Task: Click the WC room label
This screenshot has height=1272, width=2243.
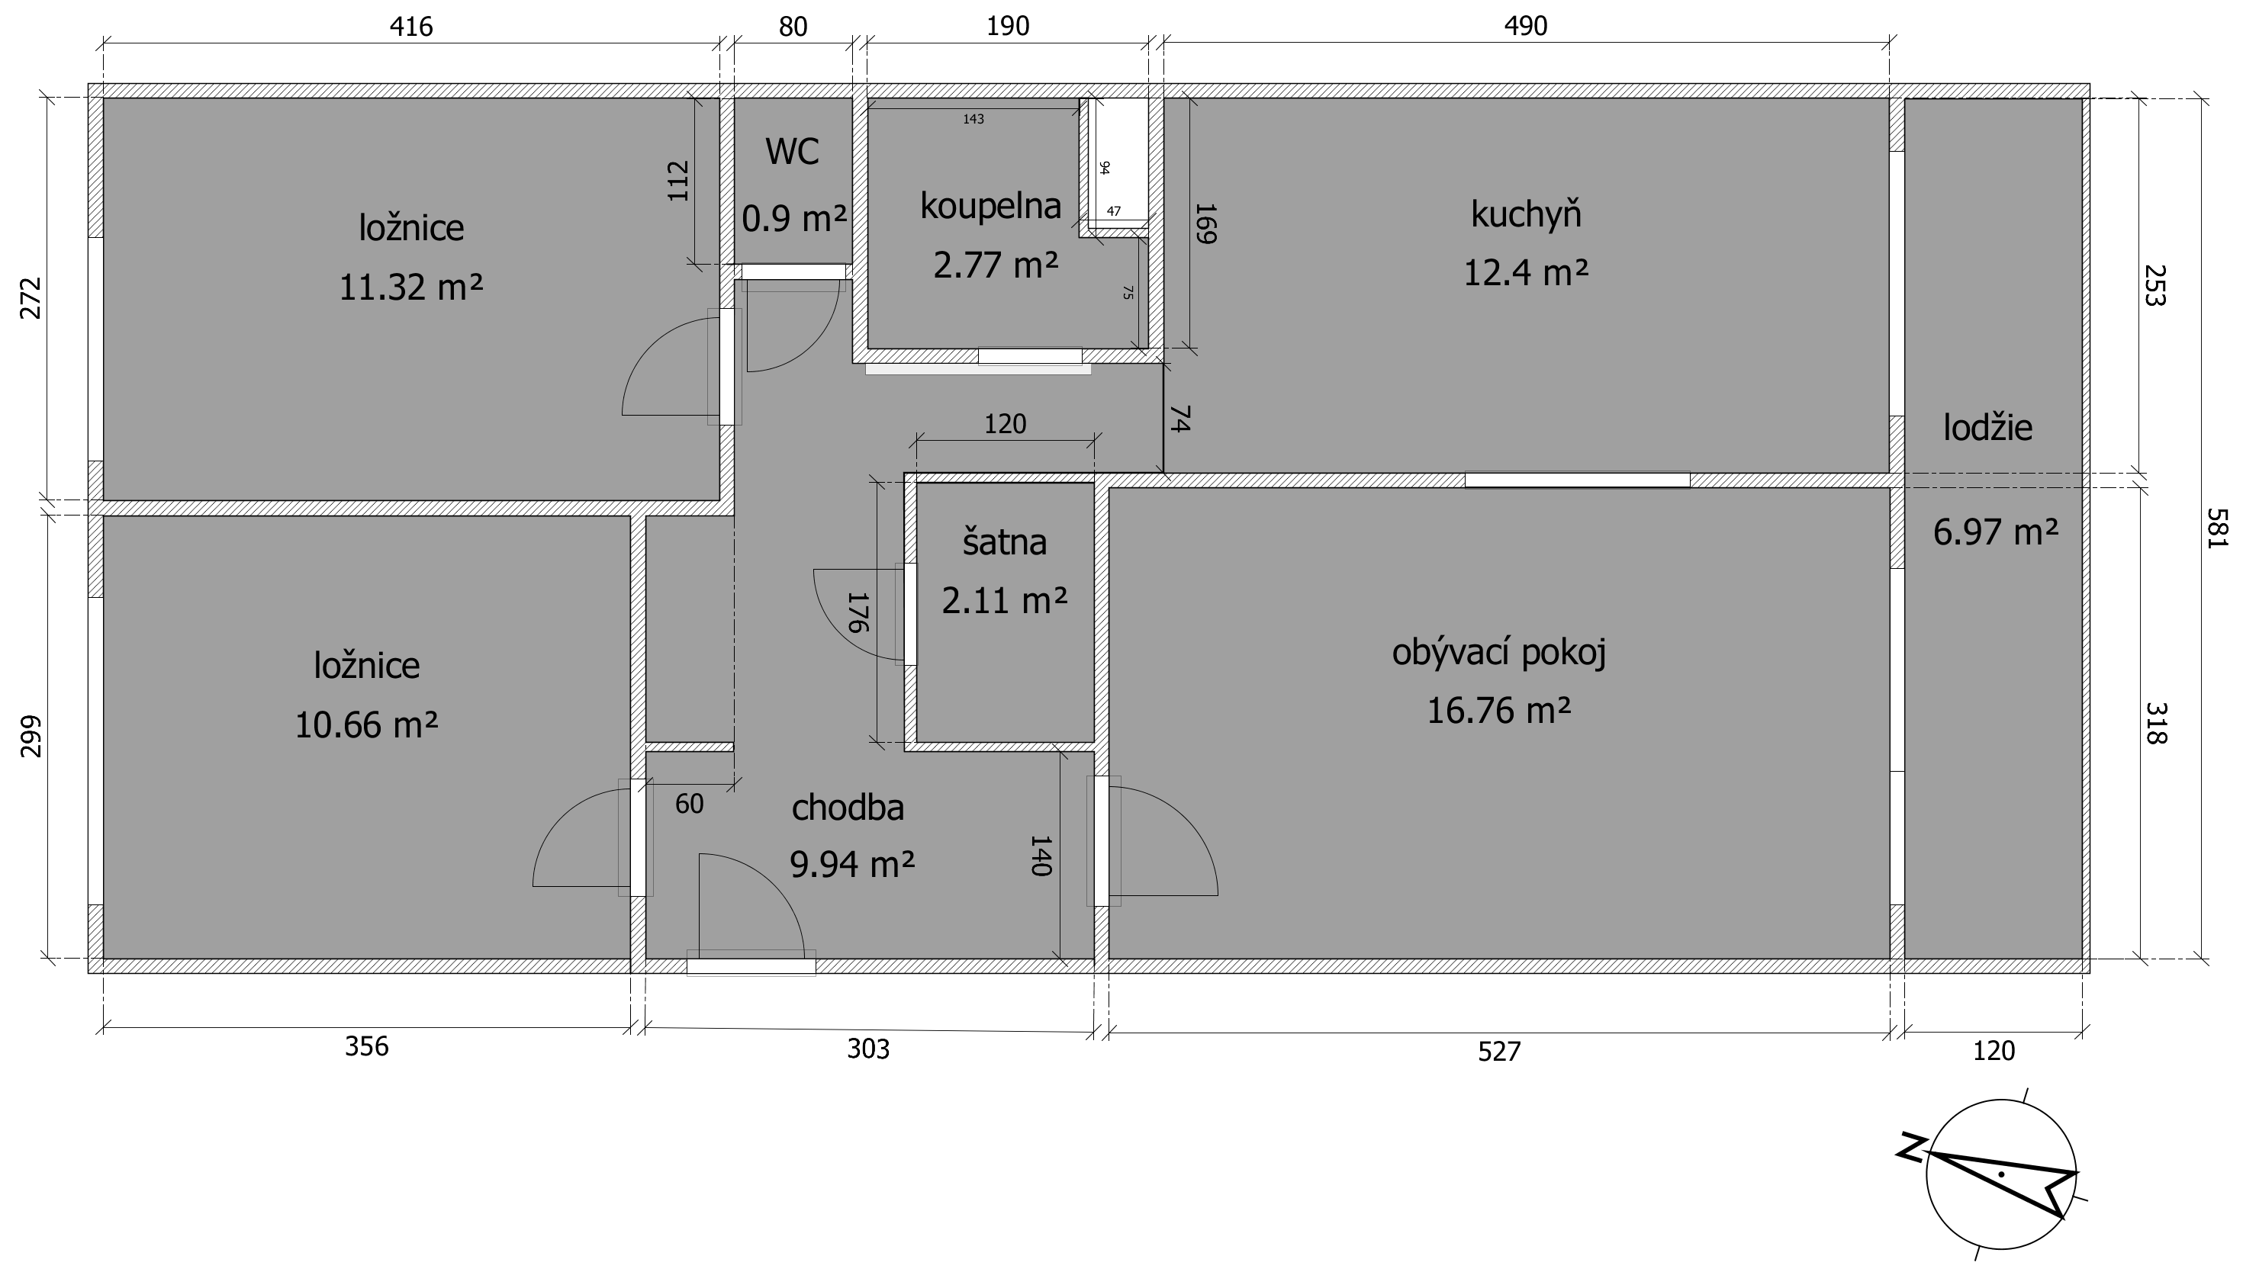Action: pyautogui.click(x=793, y=152)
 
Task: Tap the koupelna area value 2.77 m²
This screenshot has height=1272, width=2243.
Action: pyautogui.click(x=996, y=264)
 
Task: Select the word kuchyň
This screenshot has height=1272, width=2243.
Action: pyautogui.click(x=1526, y=214)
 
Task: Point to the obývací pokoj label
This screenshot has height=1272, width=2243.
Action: pyautogui.click(x=1498, y=654)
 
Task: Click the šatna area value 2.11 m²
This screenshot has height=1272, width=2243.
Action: pyautogui.click(x=1004, y=600)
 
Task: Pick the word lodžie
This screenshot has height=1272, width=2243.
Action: pyautogui.click(x=1988, y=427)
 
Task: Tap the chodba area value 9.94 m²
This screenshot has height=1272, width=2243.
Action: pyautogui.click(x=852, y=865)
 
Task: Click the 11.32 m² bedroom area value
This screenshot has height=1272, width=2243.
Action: pyautogui.click(x=410, y=287)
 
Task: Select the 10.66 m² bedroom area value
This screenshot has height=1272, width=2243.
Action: pyautogui.click(x=366, y=725)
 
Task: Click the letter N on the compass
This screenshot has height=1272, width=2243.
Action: pyautogui.click(x=1912, y=1148)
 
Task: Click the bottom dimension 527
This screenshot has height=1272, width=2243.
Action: pyautogui.click(x=1499, y=1051)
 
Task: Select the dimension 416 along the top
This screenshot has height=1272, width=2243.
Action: pyautogui.click(x=410, y=27)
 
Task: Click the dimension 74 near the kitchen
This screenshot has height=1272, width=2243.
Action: pyautogui.click(x=1179, y=419)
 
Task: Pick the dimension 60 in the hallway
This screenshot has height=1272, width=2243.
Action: pyautogui.click(x=690, y=804)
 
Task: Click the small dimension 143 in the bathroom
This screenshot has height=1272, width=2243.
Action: pyautogui.click(x=973, y=119)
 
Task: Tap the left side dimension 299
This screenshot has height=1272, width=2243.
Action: pyautogui.click(x=31, y=736)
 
